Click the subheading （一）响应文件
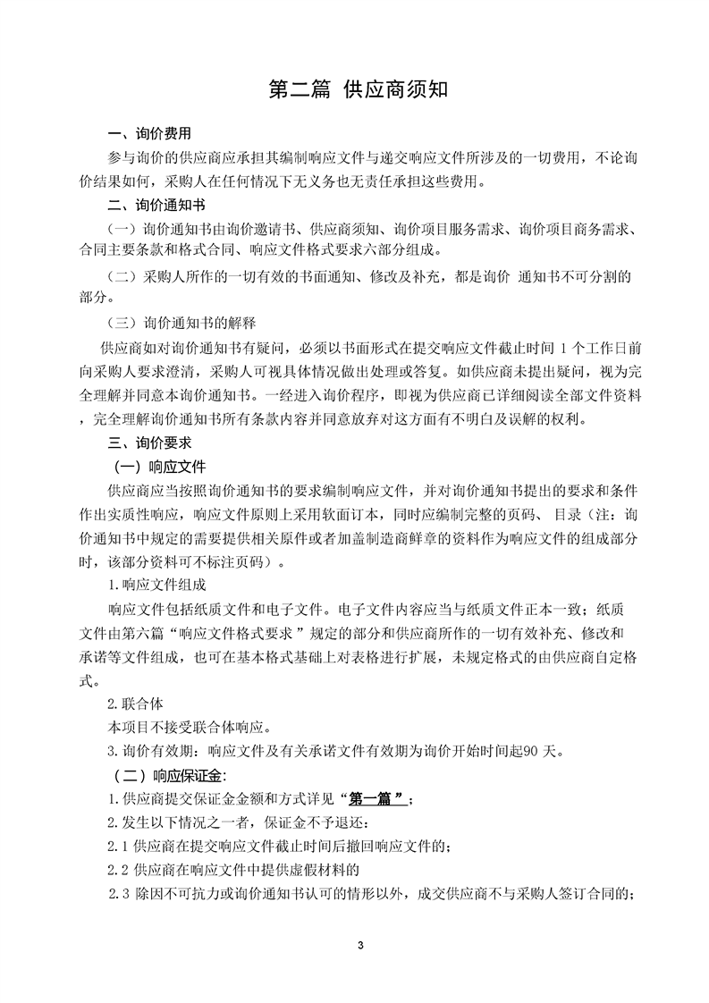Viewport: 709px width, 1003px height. pyautogui.click(x=159, y=467)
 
